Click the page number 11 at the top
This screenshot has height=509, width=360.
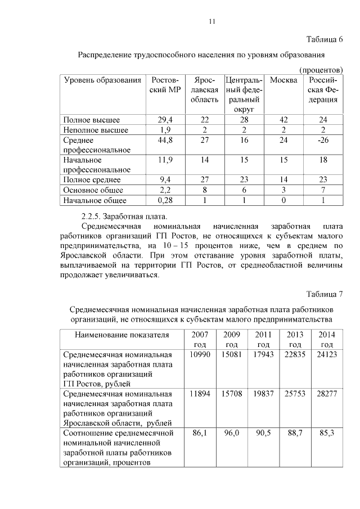[x=211, y=21]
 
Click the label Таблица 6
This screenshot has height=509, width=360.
[x=325, y=39]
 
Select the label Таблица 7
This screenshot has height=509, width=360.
[x=325, y=294]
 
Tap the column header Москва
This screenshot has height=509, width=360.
[x=283, y=80]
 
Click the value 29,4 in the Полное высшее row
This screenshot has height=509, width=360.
[x=165, y=120]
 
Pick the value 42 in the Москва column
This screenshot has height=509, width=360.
[x=283, y=120]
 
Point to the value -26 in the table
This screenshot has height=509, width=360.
[x=323, y=140]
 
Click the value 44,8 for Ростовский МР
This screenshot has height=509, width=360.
[x=165, y=140]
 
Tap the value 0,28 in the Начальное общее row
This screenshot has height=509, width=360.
[x=165, y=200]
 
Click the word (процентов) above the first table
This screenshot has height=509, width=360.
[x=321, y=69]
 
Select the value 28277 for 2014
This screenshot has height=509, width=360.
[x=326, y=394]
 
